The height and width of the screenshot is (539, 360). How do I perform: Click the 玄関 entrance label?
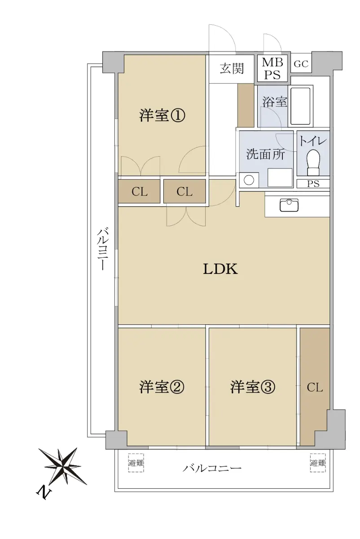(232, 69)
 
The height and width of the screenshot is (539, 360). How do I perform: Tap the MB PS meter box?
(272, 69)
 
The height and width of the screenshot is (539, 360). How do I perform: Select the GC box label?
(301, 64)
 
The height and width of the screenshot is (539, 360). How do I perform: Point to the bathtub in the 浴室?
(300, 106)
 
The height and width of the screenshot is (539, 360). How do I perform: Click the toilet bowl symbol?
(313, 163)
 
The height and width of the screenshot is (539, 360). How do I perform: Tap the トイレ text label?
(313, 141)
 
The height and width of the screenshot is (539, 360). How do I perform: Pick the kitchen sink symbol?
(289, 205)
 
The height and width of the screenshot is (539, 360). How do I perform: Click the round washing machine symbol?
(249, 180)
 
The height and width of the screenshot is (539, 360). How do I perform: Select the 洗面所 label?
(265, 154)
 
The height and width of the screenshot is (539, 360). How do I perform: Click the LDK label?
(220, 269)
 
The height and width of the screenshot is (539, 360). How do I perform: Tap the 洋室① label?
(162, 115)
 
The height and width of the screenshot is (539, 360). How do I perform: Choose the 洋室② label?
(162, 387)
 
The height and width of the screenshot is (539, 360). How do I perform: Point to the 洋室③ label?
(253, 387)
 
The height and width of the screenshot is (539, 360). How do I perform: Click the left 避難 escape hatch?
(136, 463)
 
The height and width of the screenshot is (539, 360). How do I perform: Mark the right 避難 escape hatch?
(318, 463)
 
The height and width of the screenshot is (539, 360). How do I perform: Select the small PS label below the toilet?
(313, 184)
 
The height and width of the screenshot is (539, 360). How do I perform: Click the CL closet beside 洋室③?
(315, 388)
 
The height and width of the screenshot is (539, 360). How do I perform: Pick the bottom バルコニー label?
(212, 468)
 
